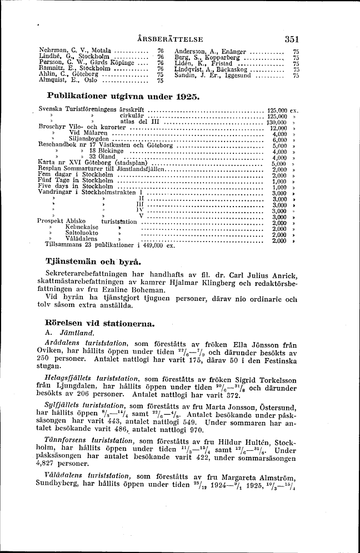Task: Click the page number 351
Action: coord(292,39)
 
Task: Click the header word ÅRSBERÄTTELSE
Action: coord(173,39)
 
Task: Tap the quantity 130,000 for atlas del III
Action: coord(276,123)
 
